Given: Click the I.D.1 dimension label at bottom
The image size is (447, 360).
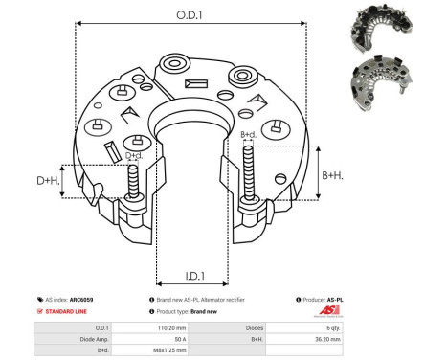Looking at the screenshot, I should tap(191, 276).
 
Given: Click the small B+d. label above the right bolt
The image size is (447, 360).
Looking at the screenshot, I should tap(249, 135).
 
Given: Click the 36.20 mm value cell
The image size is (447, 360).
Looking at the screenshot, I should tap(380, 338).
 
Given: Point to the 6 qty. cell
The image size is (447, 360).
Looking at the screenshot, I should tap(380, 326).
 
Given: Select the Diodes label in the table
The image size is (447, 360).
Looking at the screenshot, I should tap(278, 326).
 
